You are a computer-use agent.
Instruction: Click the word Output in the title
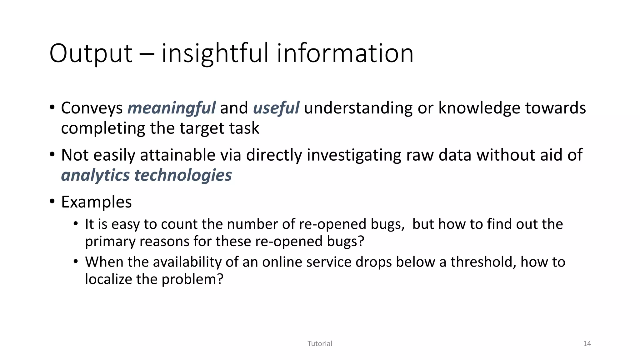pyautogui.click(x=91, y=54)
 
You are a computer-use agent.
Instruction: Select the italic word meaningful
pyautogui.click(x=171, y=108)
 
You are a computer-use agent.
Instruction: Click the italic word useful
pyautogui.click(x=276, y=108)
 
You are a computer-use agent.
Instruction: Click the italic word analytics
pyautogui.click(x=95, y=175)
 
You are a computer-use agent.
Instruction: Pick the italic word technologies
pyautogui.click(x=183, y=175)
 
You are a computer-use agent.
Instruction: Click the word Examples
pyautogui.click(x=96, y=202)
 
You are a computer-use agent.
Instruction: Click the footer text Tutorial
pyautogui.click(x=320, y=344)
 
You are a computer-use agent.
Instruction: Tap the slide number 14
pyautogui.click(x=587, y=344)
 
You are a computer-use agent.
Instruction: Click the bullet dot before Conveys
pyautogui.click(x=52, y=107)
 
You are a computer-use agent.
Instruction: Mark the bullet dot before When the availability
pyautogui.click(x=76, y=261)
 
